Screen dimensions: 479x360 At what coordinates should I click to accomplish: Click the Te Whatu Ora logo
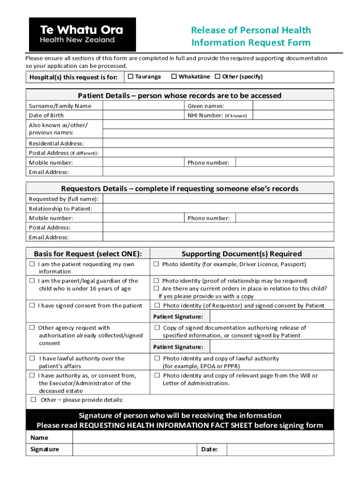click(x=82, y=35)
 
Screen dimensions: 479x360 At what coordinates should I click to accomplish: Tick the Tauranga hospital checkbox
click(x=131, y=76)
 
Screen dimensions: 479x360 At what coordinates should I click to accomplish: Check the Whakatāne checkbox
click(x=174, y=76)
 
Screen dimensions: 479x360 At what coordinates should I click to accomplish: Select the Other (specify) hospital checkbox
click(x=217, y=76)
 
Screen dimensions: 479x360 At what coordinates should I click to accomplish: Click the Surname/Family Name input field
click(x=143, y=106)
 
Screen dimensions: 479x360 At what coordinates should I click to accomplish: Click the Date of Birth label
click(x=46, y=115)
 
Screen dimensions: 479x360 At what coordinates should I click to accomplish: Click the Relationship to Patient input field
click(x=218, y=209)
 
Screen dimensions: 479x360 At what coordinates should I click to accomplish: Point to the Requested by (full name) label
click(x=58, y=199)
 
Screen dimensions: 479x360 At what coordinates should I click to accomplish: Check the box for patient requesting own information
click(x=32, y=264)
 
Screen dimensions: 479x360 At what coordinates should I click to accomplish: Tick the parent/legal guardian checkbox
click(x=32, y=281)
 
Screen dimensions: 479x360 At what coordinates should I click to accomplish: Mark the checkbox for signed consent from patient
click(x=32, y=305)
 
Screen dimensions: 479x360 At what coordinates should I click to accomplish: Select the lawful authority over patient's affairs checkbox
click(x=32, y=358)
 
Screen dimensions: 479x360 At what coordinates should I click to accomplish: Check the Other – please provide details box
click(x=34, y=399)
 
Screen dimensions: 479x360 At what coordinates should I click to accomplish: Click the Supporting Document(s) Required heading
click(x=241, y=254)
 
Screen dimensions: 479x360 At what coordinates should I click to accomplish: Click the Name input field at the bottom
click(x=203, y=437)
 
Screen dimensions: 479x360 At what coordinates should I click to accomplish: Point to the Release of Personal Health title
click(x=251, y=30)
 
